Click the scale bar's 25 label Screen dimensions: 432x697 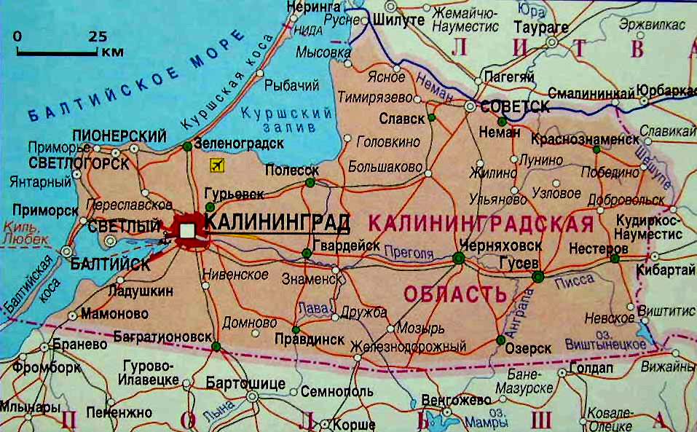click(98, 36)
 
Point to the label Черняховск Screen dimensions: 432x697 click(491, 246)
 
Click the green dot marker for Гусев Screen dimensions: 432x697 click(537, 276)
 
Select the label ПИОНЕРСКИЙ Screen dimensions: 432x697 click(119, 136)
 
